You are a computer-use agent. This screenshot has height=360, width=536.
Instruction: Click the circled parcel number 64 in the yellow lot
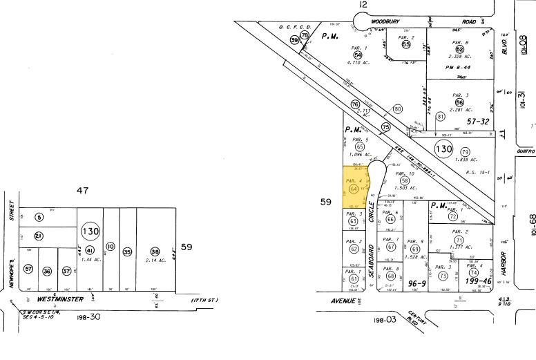[354, 187]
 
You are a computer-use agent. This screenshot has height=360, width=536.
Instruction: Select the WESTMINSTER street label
[61, 299]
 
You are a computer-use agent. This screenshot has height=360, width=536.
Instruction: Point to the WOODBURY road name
[385, 21]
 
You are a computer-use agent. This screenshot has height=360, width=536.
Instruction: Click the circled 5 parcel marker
[39, 218]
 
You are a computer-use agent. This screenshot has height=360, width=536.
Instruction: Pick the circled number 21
[39, 236]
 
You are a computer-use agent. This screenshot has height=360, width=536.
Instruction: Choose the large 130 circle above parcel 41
[90, 231]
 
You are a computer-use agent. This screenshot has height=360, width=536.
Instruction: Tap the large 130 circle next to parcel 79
[443, 149]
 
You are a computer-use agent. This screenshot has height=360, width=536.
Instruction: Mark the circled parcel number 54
[358, 55]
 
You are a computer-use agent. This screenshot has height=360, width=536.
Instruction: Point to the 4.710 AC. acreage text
[358, 63]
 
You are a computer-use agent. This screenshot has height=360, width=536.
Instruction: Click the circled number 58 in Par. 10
[405, 180]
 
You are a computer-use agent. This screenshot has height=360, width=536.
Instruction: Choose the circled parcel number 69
[414, 249]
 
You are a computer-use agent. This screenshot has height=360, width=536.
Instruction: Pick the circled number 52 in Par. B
[459, 49]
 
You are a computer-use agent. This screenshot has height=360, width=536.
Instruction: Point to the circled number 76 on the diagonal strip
[356, 104]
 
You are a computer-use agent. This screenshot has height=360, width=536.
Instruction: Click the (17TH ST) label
[204, 300]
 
